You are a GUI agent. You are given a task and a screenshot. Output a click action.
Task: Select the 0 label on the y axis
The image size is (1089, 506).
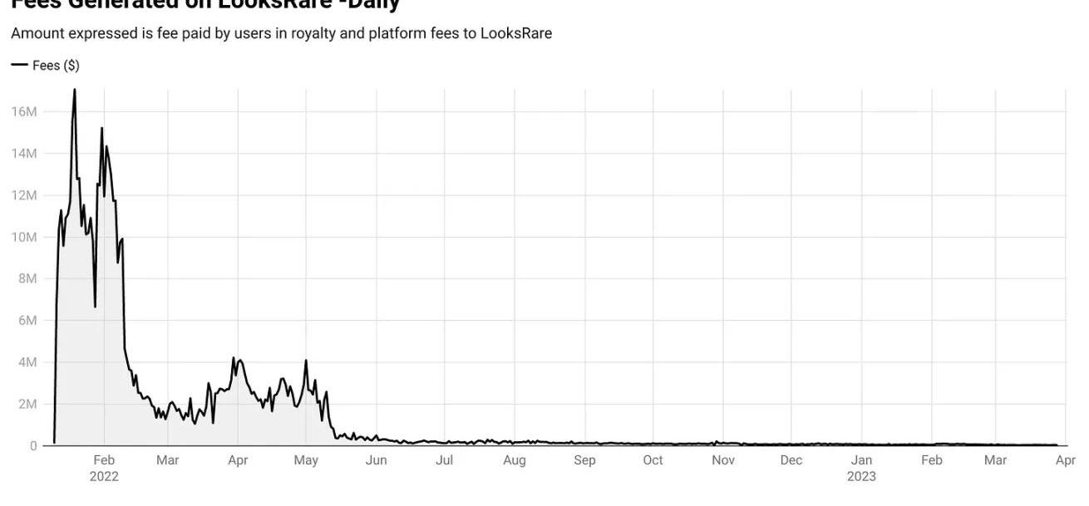pyautogui.click(x=33, y=446)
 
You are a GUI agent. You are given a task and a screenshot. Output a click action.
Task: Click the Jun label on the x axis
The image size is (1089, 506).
pyautogui.click(x=376, y=460)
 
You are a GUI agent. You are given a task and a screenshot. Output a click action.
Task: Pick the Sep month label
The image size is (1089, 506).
pyautogui.click(x=584, y=460)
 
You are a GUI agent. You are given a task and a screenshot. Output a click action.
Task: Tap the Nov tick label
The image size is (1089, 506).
pyautogui.click(x=723, y=460)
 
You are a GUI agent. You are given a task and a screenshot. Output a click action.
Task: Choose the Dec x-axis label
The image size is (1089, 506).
pyautogui.click(x=791, y=460)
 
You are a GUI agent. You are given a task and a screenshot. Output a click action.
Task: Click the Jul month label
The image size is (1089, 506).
pyautogui.click(x=445, y=460)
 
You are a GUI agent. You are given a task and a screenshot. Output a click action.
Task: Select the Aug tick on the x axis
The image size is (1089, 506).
pyautogui.click(x=515, y=460)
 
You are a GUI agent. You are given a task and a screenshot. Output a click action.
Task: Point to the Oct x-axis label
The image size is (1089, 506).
pyautogui.click(x=653, y=460)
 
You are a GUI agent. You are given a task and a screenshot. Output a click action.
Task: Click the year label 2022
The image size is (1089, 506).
pyautogui.click(x=104, y=477)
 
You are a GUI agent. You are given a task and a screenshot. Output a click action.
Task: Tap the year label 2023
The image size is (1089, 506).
pyautogui.click(x=861, y=477)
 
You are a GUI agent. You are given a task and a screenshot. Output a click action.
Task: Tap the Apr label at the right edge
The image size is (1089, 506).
pyautogui.click(x=1065, y=460)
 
